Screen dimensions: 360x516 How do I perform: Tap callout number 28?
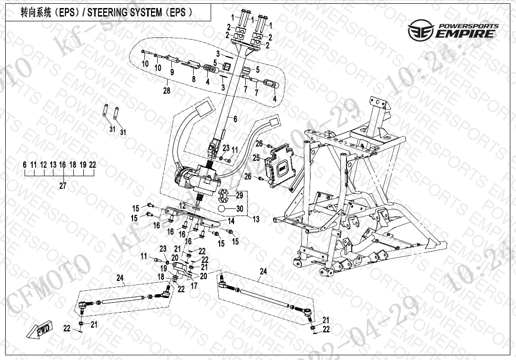166,91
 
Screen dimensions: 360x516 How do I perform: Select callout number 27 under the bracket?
63,186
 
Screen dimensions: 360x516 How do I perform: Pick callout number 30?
239,208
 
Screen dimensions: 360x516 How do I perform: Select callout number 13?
256,219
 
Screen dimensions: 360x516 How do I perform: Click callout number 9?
172,72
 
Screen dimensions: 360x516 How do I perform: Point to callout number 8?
193,79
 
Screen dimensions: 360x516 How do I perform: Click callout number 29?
239,195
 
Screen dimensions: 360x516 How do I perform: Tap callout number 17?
194,286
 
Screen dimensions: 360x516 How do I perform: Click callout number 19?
163,268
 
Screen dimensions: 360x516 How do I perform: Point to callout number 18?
161,277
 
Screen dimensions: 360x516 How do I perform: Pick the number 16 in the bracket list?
62,165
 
